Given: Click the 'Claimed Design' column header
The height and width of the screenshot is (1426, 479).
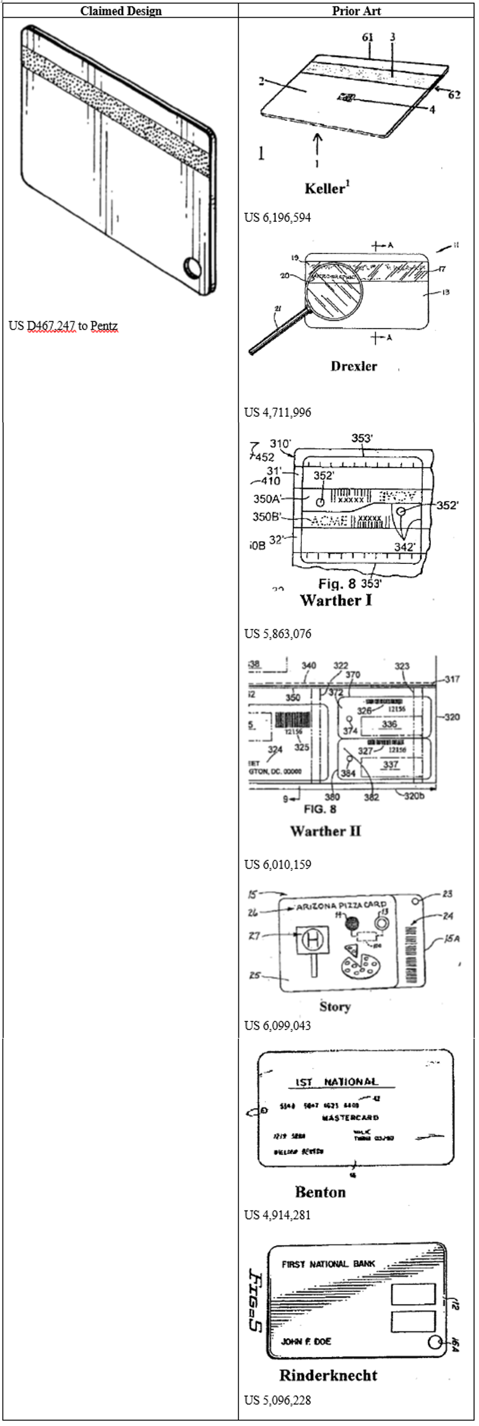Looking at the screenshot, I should [121, 11].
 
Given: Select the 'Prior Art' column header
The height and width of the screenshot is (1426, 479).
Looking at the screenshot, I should [356, 11].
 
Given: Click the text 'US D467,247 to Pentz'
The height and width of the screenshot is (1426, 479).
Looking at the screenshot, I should [63, 326].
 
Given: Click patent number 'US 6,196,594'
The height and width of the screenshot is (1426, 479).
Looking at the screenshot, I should [277, 217].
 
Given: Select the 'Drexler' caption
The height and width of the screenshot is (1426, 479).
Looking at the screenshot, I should [354, 366].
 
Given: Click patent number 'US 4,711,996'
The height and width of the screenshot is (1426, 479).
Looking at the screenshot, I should [277, 412].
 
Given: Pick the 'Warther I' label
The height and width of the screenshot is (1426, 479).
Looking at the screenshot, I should [336, 600].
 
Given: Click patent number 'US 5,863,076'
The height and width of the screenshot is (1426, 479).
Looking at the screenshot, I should [277, 633].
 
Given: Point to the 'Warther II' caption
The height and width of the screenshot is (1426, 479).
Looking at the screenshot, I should [325, 831].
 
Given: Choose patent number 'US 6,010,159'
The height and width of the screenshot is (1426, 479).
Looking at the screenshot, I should [277, 864].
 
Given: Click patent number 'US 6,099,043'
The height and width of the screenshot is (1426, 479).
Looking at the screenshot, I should [277, 1025].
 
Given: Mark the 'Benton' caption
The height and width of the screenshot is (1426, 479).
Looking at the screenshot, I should [320, 1192].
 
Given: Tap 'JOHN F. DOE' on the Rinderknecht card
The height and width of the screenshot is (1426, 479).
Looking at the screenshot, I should [306, 1341].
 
